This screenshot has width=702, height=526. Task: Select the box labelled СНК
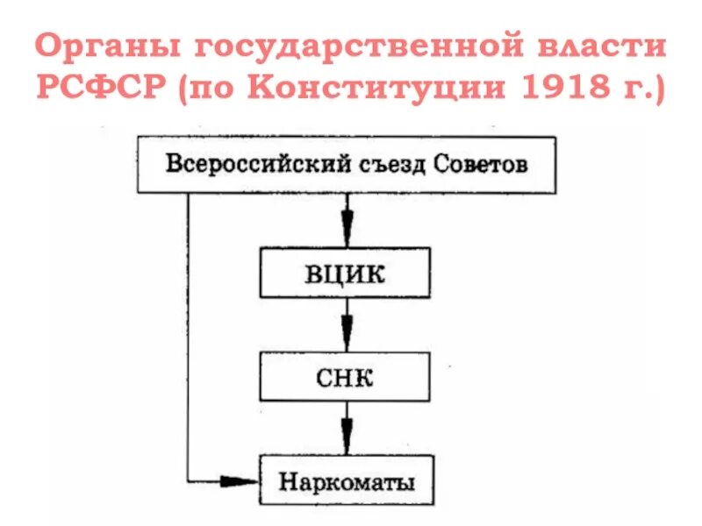tap(346, 378)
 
